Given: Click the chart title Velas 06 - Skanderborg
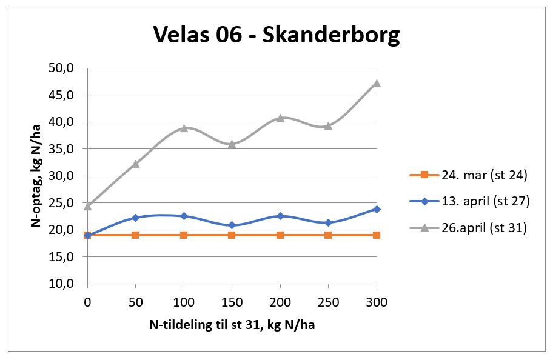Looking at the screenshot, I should coord(276,35).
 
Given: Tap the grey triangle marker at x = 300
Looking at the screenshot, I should coord(377,83).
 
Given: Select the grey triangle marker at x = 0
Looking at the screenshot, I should coord(87,205).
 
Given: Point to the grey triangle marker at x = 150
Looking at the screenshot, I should coord(232,144).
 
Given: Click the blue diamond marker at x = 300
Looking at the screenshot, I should coord(377,208).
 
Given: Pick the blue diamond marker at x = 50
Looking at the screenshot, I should coord(135,218).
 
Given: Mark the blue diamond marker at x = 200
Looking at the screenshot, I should coord(280,216).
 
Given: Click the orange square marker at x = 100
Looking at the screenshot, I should coord(184,235).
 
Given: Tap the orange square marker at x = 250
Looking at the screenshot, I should coord(328,235).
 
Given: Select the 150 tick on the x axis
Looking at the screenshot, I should coord(232,301).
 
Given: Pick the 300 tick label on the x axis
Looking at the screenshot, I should coord(377,301).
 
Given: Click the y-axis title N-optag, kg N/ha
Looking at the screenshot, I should coord(37,176).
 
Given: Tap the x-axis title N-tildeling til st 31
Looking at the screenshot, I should coord(232,325).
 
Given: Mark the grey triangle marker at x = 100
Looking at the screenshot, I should coord(184,127).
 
